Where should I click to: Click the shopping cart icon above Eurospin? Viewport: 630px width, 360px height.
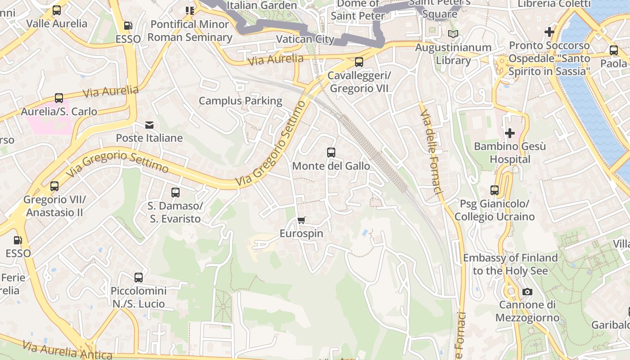pyautogui.click(x=301, y=220)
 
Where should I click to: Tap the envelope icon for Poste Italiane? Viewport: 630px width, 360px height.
pyautogui.click(x=149, y=125)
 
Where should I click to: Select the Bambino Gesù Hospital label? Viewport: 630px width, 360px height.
pyautogui.click(x=510, y=153)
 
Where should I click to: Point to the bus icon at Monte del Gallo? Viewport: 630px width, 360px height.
pyautogui.click(x=331, y=153)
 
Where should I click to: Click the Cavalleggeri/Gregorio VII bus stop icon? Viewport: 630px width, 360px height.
pyautogui.click(x=359, y=62)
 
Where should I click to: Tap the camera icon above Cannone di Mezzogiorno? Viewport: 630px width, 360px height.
pyautogui.click(x=527, y=292)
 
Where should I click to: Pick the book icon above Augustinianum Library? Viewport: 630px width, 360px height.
pyautogui.click(x=453, y=34)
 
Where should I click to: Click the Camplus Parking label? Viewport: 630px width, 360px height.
pyautogui.click(x=240, y=101)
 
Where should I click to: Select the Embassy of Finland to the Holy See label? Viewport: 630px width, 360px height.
pyautogui.click(x=510, y=264)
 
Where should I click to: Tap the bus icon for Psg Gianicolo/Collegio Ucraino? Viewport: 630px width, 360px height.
pyautogui.click(x=495, y=190)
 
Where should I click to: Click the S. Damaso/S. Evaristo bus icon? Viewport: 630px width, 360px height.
pyautogui.click(x=175, y=193)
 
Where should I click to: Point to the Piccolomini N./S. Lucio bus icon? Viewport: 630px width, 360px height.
pyautogui.click(x=139, y=278)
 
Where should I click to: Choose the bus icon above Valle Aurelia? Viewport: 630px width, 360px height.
pyautogui.click(x=57, y=10)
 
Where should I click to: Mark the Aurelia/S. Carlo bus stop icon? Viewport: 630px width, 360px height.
pyautogui.click(x=59, y=98)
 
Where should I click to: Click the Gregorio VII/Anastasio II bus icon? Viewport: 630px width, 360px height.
pyautogui.click(x=54, y=186)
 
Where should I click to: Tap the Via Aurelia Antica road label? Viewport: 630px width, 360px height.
pyautogui.click(x=67, y=351)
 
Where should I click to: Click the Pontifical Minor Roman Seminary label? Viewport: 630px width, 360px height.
pyautogui.click(x=190, y=31)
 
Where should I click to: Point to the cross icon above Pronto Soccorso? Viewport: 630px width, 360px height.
pyautogui.click(x=549, y=32)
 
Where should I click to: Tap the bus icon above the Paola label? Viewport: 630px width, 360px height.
pyautogui.click(x=614, y=50)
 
